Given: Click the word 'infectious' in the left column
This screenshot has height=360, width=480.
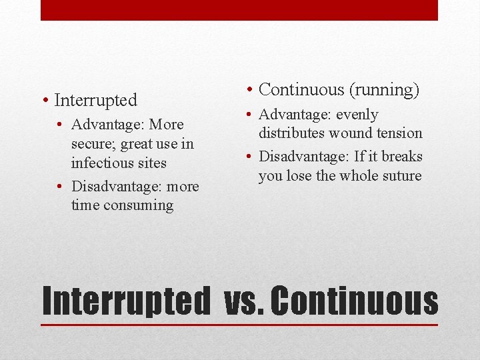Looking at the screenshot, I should coord(101,163).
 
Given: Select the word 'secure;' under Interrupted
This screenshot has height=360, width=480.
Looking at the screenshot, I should coord(95,144).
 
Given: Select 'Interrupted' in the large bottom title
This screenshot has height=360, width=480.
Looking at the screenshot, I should coord(125,301).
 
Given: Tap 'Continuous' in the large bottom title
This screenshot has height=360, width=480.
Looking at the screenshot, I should coord(355,301).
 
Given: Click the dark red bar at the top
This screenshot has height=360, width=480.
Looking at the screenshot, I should coord(239,10).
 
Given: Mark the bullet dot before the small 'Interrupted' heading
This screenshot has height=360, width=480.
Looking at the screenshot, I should coord(44,101).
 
